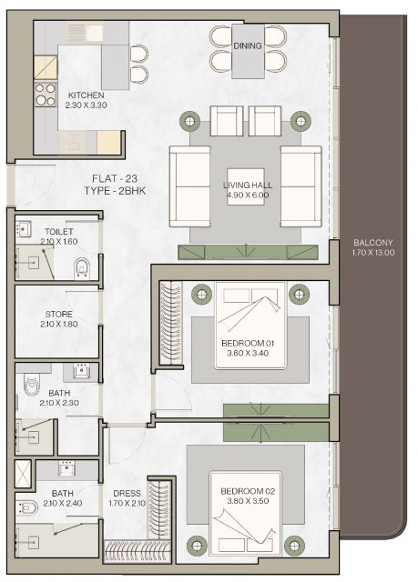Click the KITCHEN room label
click(x=86, y=95)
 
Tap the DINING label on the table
click(x=248, y=45)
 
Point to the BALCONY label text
click(x=372, y=243)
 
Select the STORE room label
click(x=58, y=314)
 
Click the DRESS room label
click(x=127, y=493)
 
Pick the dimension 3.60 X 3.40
click(x=248, y=353)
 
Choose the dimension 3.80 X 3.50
click(x=248, y=501)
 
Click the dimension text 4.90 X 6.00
click(x=248, y=195)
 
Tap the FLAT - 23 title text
click(x=115, y=178)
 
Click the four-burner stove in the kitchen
click(x=46, y=95)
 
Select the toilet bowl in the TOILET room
click(x=82, y=268)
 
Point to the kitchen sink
click(x=87, y=33)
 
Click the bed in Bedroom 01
click(x=250, y=326)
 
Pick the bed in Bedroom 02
click(x=245, y=513)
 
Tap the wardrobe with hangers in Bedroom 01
click(x=171, y=323)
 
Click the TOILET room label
click(x=58, y=232)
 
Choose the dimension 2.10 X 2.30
click(x=59, y=403)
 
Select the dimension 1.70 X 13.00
click(x=373, y=253)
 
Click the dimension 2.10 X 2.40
click(x=63, y=503)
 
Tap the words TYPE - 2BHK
click(x=115, y=191)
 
